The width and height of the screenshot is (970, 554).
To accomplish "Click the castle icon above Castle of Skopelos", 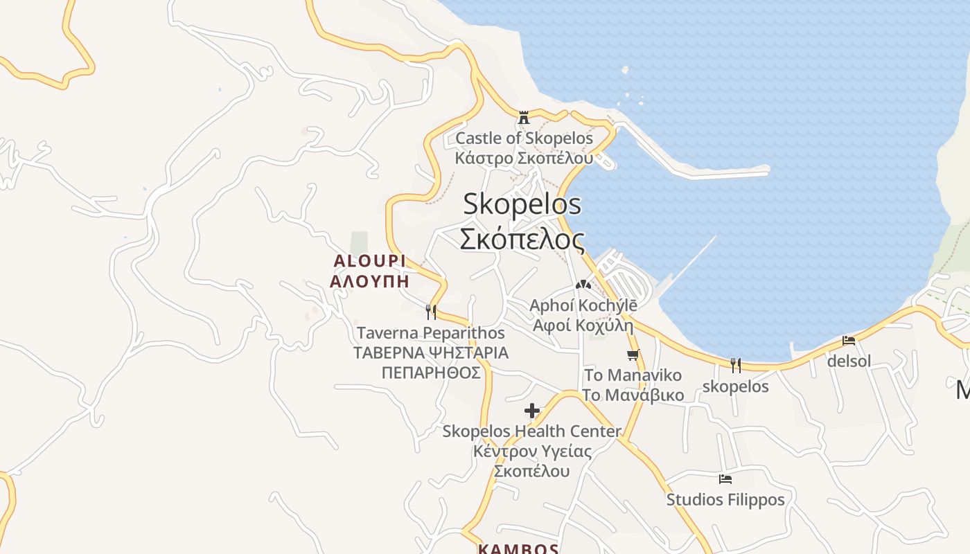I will pyautogui.click(x=524, y=117).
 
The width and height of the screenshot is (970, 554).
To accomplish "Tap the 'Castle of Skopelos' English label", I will pyautogui.click(x=524, y=138).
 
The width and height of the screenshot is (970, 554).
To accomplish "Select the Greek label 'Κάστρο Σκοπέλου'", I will pyautogui.click(x=524, y=158).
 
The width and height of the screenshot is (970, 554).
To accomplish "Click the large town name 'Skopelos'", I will pyautogui.click(x=522, y=204).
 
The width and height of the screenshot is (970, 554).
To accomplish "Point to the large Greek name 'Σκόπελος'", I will pyautogui.click(x=522, y=239).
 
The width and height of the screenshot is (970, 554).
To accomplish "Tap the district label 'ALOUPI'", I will pyautogui.click(x=369, y=261).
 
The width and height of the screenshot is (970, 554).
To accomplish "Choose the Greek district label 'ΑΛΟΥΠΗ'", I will pyautogui.click(x=369, y=282).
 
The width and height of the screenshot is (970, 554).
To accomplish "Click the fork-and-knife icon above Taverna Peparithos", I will pyautogui.click(x=430, y=312).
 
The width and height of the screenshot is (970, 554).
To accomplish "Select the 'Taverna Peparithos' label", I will pyautogui.click(x=430, y=333).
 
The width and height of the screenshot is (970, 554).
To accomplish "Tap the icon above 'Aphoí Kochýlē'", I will pyautogui.click(x=583, y=284).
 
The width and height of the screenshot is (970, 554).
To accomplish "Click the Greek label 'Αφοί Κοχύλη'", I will pyautogui.click(x=583, y=325).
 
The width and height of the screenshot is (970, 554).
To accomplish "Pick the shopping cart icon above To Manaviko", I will pyautogui.click(x=632, y=355).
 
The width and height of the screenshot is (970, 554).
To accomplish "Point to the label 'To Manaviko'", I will pyautogui.click(x=623, y=375).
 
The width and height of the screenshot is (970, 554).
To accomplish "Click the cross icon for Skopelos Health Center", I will pyautogui.click(x=531, y=411).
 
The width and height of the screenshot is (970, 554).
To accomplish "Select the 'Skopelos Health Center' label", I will pyautogui.click(x=531, y=431).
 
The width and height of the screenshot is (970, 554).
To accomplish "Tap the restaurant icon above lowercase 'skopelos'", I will pyautogui.click(x=735, y=366).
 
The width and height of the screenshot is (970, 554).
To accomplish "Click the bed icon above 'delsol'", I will pyautogui.click(x=849, y=340).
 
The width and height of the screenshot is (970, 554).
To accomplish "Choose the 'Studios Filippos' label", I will pyautogui.click(x=725, y=499).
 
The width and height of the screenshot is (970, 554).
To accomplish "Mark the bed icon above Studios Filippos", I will pyautogui.click(x=725, y=479).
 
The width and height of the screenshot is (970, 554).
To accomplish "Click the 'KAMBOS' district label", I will pyautogui.click(x=518, y=549).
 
